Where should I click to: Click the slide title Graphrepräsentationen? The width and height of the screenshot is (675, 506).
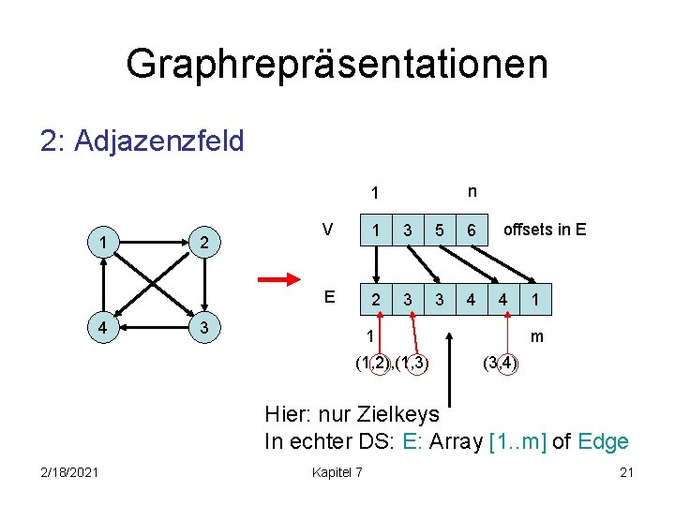pyautogui.click(x=337, y=64)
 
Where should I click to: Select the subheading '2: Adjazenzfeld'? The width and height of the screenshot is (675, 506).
pyautogui.click(x=142, y=141)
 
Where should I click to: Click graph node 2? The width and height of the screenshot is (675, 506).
pyautogui.click(x=205, y=244)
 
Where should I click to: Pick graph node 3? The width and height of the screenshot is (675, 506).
pyautogui.click(x=205, y=330)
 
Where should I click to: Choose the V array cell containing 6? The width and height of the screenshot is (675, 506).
pyautogui.click(x=472, y=231)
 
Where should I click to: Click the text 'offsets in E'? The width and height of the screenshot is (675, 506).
pyautogui.click(x=545, y=229)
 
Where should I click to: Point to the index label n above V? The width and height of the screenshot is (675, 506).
pyautogui.click(x=472, y=191)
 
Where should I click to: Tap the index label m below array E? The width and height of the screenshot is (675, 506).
pyautogui.click(x=537, y=336)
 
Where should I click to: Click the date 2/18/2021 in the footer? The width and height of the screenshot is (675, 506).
pyautogui.click(x=69, y=471)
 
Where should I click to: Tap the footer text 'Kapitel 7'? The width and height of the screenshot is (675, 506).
pyautogui.click(x=337, y=471)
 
